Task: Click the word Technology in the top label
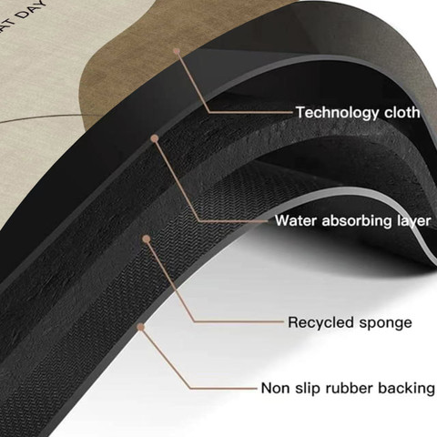[x=338, y=113]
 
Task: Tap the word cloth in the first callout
[x=402, y=112]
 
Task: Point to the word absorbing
[x=357, y=221]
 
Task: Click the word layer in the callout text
[x=414, y=221]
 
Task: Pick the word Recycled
[x=321, y=322]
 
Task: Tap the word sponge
[x=386, y=323]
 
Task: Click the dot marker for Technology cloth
[x=177, y=51]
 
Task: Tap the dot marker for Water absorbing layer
[x=155, y=138]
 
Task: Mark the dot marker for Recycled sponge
[x=147, y=239]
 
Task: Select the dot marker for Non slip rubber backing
[x=140, y=327]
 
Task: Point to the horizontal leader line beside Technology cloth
[x=251, y=113]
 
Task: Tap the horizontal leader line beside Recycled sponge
[x=239, y=321]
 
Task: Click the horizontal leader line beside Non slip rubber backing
[x=224, y=388]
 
